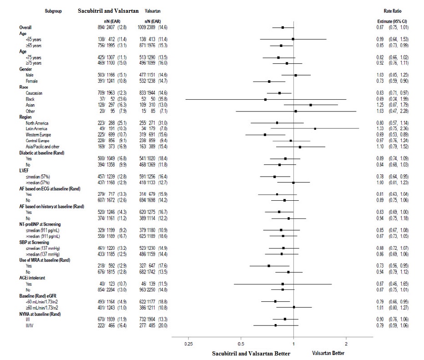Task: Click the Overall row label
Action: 25,27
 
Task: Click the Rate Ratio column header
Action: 393,11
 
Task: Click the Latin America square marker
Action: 315,129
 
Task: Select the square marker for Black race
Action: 265,99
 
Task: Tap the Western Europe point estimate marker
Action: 265,135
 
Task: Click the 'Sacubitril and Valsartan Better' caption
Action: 251,353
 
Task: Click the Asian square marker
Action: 311,105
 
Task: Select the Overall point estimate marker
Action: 283,27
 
